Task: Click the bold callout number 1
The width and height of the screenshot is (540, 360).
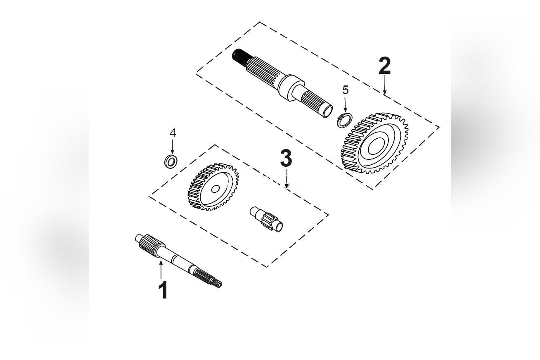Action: pos(163,290)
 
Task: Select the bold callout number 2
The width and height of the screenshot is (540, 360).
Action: pos(384,66)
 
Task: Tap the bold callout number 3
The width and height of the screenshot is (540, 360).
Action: pos(286,159)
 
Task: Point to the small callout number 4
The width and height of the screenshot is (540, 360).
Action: pos(173,133)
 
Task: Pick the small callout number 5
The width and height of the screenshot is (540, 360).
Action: pos(346,90)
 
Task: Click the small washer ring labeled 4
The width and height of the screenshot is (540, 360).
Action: pos(171,161)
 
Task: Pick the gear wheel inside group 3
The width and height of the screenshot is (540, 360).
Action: pos(213,187)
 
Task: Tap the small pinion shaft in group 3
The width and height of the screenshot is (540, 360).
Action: pos(267,218)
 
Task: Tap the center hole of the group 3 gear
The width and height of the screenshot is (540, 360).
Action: pos(215,189)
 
